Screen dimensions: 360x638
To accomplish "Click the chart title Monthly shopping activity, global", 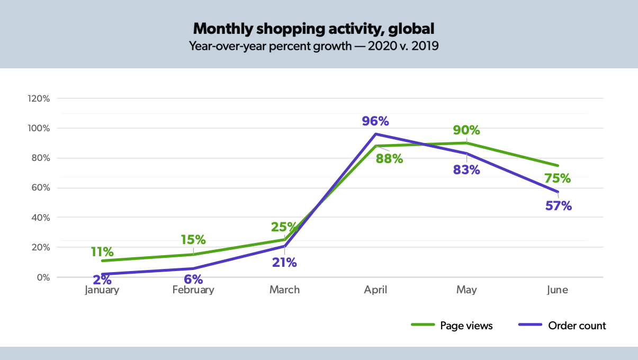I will click(313, 28).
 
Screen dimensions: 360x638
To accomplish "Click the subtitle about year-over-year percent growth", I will click(313, 46).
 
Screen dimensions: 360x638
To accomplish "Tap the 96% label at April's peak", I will click(375, 121).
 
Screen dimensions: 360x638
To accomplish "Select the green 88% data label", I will click(389, 158).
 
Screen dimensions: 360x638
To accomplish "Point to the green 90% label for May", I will click(466, 130).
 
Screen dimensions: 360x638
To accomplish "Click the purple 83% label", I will click(466, 170).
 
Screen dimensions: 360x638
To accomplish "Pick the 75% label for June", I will click(557, 178).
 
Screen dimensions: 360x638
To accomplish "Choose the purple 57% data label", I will click(558, 206).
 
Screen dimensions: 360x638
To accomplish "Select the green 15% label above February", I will click(193, 239).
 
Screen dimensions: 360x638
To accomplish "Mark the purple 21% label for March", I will click(284, 262).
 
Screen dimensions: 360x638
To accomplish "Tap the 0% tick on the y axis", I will click(42, 277).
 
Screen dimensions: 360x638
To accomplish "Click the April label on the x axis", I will click(375, 290).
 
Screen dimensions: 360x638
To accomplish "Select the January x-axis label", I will click(102, 290).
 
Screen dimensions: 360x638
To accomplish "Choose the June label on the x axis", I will click(558, 290).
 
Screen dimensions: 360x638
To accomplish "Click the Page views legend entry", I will click(452, 326).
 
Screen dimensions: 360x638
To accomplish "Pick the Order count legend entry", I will click(563, 326).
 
